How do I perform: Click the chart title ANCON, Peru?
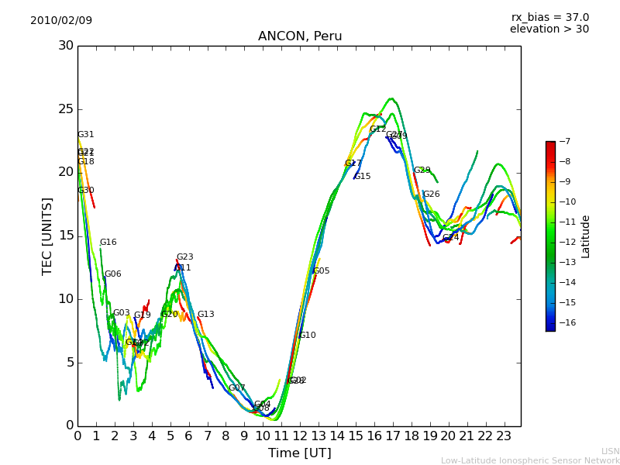tap(300, 36)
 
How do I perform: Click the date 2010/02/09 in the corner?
tap(61, 20)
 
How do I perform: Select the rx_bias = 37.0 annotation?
tap(549, 17)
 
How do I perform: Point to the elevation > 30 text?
tap(549, 29)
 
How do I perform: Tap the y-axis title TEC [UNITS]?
tap(47, 236)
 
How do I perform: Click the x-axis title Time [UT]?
tap(299, 453)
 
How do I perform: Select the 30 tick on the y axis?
tap(66, 45)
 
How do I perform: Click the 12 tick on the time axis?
tap(300, 436)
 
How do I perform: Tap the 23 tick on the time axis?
tap(504, 436)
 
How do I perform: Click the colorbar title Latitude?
tap(586, 236)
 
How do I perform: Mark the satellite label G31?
tap(85, 135)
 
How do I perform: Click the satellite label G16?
tap(108, 243)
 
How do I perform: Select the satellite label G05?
tap(321, 271)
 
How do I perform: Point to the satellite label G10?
tap(307, 336)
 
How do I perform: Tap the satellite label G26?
tap(431, 195)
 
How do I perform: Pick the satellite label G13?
tap(205, 315)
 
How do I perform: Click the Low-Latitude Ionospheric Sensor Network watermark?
tap(530, 460)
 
